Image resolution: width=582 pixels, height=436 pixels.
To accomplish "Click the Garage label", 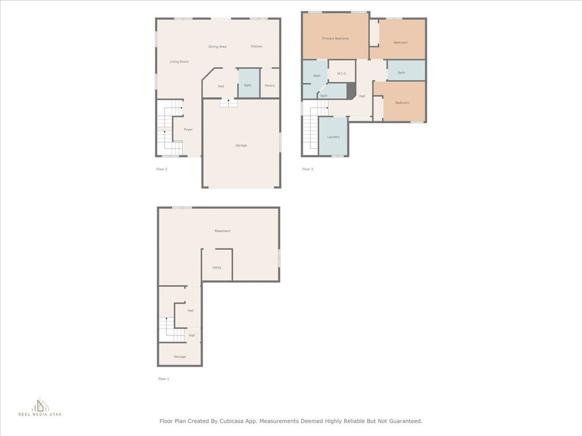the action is pos(241,145).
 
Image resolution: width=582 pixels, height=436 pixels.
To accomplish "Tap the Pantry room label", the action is pos(269,86).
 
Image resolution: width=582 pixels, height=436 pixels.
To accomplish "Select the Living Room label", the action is pos(179,61).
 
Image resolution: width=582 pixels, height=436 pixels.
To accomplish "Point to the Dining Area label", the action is pos(217,47).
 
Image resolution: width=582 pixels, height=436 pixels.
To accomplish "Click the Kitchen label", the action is pos(256,47).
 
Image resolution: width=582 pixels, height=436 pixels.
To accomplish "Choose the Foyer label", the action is pos(188,129).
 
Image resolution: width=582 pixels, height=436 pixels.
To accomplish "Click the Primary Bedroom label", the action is pos(335,39).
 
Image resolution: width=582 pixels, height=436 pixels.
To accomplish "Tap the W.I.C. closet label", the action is pos(342,73).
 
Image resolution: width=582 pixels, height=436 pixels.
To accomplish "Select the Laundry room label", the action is pos(333,137).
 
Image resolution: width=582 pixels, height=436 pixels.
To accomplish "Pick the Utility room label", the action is pos(217,267).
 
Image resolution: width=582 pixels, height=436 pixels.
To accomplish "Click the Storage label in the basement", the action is pos(180,357).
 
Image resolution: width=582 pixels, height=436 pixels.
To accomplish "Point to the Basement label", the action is pos(222,231).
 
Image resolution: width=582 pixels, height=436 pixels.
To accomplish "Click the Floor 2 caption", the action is pos(161,169).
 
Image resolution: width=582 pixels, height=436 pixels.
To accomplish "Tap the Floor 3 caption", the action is pos(307,169).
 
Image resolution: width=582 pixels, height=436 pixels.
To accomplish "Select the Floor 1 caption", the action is pos(163,379).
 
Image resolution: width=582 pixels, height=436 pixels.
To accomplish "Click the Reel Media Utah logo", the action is pos(40,407).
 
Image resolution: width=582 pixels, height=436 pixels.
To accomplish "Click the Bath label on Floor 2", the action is pos(248,85).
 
